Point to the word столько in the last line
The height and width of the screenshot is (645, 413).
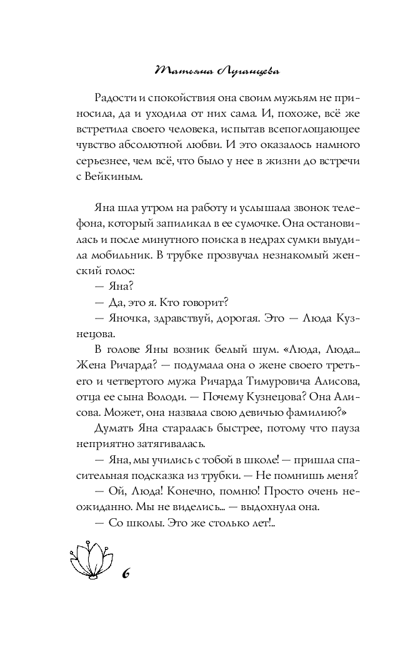tap(220, 524)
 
